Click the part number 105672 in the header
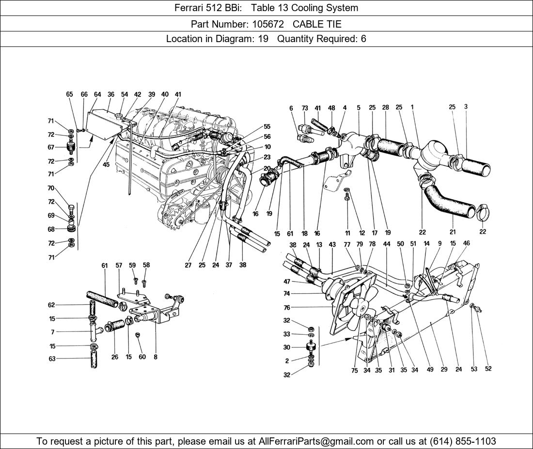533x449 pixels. [x=268, y=24]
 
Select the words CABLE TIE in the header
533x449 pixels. [x=317, y=24]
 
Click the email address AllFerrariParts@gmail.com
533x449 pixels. [x=316, y=441]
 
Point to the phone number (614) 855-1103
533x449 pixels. [x=463, y=441]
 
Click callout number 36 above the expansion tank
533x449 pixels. [x=111, y=94]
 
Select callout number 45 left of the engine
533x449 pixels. [x=106, y=164]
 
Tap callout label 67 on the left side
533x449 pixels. [x=51, y=147]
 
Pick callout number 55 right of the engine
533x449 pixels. [x=267, y=127]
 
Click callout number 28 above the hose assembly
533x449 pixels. [x=385, y=107]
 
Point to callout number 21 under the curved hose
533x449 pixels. [x=453, y=232]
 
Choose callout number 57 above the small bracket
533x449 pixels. [x=118, y=266]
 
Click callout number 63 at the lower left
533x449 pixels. [x=52, y=359]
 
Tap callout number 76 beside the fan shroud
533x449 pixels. [x=286, y=308]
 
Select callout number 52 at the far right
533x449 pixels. [x=488, y=369]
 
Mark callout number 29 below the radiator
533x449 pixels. [x=444, y=369]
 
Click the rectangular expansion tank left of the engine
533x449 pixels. [x=104, y=124]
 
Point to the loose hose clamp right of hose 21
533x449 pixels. [x=482, y=212]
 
